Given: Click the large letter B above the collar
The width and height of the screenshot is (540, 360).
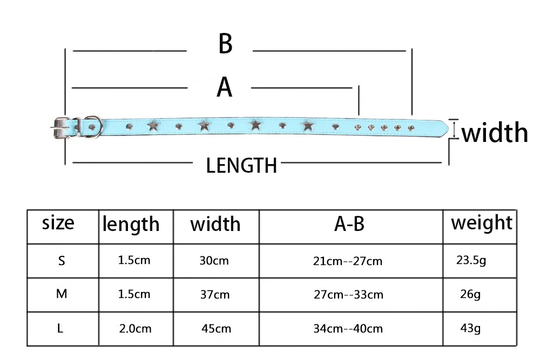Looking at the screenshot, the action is (x=225, y=44).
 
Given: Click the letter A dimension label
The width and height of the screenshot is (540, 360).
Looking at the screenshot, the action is (x=225, y=87).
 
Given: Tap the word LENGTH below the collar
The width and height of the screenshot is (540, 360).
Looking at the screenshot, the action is (x=241, y=166).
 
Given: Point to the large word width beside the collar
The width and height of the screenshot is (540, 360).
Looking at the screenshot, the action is (x=494, y=133).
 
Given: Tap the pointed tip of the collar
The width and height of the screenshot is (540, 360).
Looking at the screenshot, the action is (x=444, y=127).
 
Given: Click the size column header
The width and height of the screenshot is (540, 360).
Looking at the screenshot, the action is (x=58, y=223).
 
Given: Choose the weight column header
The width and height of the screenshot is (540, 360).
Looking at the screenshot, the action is (x=481, y=222).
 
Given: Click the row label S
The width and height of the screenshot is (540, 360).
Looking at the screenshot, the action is (x=62, y=261).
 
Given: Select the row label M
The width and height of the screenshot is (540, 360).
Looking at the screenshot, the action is (x=62, y=294).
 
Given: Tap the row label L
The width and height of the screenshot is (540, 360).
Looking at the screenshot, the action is (x=62, y=328).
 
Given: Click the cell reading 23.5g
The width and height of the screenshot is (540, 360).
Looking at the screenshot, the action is (x=471, y=261).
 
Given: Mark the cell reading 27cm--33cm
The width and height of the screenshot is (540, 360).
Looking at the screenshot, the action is (x=348, y=295).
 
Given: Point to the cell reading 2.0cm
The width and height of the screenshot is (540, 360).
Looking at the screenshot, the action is (x=135, y=328).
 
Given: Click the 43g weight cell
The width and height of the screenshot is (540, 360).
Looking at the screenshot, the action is (x=470, y=328).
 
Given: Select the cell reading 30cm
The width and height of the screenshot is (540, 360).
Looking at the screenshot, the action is (x=214, y=261).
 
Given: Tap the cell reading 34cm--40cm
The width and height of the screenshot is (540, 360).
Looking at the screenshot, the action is (x=348, y=328).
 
